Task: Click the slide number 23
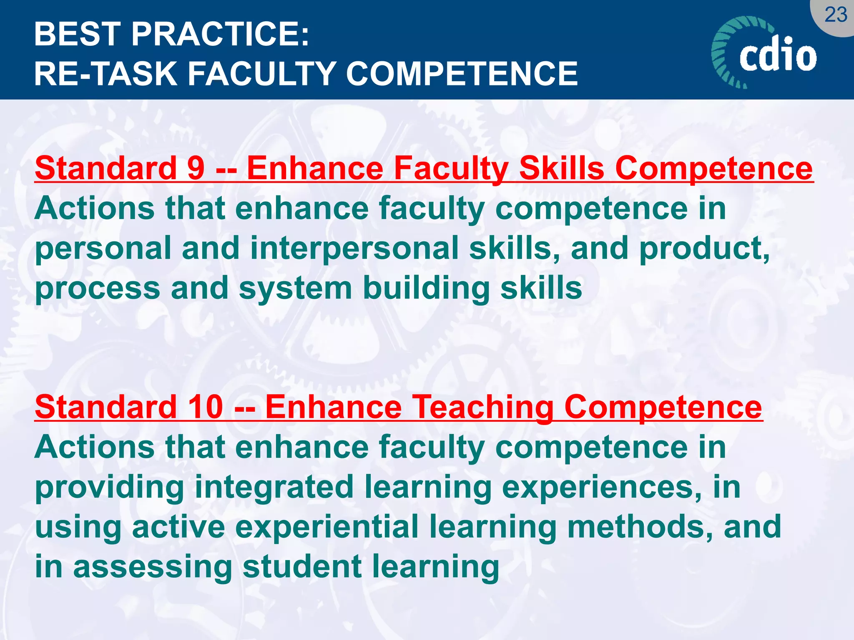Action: pos(836,15)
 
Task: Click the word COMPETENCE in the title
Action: pos(462,74)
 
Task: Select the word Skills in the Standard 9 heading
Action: pos(562,168)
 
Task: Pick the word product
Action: pos(704,248)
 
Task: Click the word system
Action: pos(295,288)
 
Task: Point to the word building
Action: pos(426,288)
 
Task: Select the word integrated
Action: pos(274,487)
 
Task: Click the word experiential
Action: pos(327,527)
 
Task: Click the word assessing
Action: pos(153,567)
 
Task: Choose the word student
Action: pos(302,567)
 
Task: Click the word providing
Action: pos(110,487)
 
